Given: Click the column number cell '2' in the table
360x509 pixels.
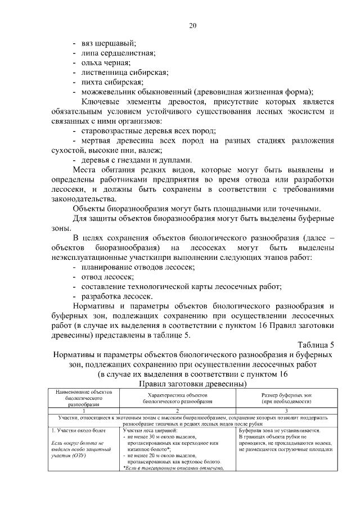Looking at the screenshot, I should point(178,411).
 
